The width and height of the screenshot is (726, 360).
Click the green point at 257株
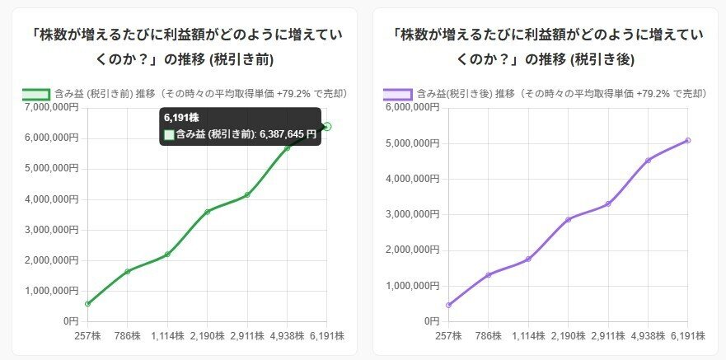[87, 303]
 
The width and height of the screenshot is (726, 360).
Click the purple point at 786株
[489, 274]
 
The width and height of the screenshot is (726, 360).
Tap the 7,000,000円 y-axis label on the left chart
[52, 107]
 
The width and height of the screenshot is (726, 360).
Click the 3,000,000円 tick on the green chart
[52, 229]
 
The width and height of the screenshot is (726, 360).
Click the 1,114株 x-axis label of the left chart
[166, 336]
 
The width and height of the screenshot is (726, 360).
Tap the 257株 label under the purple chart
[448, 336]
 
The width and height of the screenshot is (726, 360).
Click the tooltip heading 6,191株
[181, 118]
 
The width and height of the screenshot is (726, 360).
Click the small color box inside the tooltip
[169, 134]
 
